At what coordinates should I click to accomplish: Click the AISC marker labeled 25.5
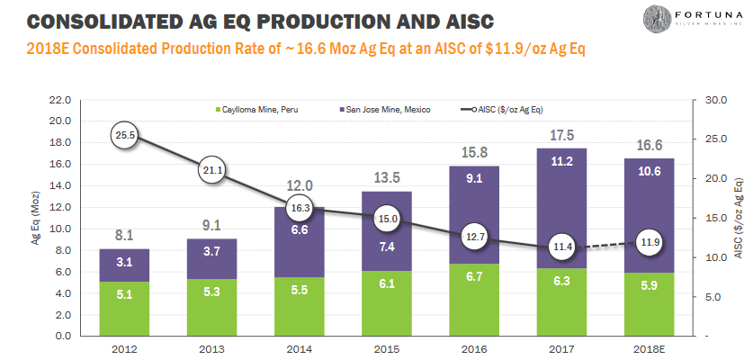pyautogui.click(x=125, y=136)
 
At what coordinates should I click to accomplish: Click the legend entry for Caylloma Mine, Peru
pyautogui.click(x=257, y=110)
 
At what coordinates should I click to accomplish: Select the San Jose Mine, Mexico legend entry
pyautogui.click(x=387, y=110)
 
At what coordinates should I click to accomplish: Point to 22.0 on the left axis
pyautogui.click(x=60, y=100)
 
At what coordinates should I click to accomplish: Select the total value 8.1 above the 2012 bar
pyautogui.click(x=124, y=236)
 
